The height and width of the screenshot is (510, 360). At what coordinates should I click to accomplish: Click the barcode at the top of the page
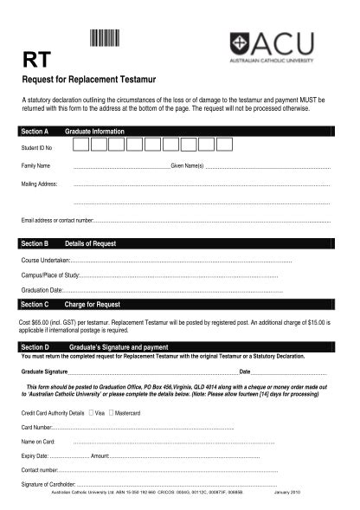click(x=104, y=38)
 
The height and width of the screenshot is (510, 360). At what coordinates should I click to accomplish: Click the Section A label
click(x=35, y=132)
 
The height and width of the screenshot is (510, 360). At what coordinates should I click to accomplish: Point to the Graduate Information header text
click(x=95, y=132)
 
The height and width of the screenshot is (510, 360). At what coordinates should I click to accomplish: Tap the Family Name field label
click(x=36, y=165)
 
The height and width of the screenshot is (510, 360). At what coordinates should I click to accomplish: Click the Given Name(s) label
click(x=187, y=165)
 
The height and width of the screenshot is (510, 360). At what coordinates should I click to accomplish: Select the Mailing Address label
click(x=39, y=184)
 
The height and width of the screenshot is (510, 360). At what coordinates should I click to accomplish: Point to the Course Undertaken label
click(x=45, y=260)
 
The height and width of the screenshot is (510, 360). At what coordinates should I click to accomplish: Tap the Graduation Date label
click(x=42, y=289)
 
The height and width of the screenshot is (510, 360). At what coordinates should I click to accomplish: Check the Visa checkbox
click(x=91, y=413)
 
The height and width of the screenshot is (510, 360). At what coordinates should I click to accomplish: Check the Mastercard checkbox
click(x=111, y=413)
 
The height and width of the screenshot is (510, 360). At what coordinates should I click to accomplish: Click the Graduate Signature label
click(x=45, y=371)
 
